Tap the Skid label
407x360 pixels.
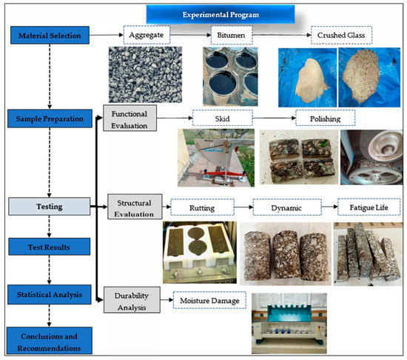point(223,117)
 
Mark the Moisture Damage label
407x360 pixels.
point(209,301)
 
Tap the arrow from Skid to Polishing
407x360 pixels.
point(274,117)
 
